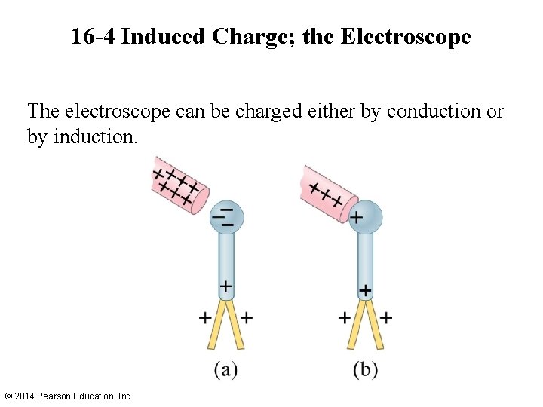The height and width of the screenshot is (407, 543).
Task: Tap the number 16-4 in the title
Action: tap(93, 36)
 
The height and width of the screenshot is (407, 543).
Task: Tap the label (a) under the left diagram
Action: tap(226, 369)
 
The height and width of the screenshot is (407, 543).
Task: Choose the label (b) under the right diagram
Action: tap(365, 369)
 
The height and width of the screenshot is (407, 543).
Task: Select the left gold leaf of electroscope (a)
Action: tap(215, 326)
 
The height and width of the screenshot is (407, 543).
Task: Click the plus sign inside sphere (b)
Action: tap(356, 219)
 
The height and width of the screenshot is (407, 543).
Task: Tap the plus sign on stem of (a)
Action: tap(225, 286)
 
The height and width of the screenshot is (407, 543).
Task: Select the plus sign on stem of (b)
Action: tap(365, 289)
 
